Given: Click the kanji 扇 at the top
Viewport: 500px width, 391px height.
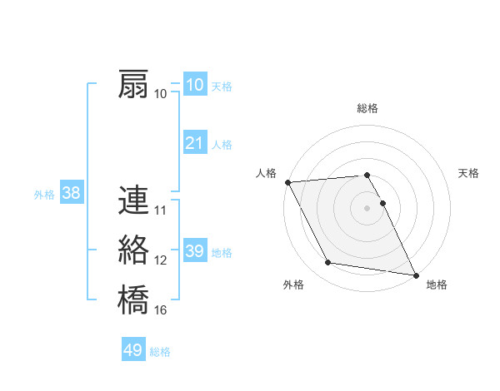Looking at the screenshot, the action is [x=133, y=85].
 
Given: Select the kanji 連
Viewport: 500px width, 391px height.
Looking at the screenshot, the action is [x=133, y=201].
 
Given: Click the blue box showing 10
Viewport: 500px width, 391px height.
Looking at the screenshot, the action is [x=194, y=85].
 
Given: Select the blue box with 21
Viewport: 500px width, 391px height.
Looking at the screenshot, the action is [x=194, y=143].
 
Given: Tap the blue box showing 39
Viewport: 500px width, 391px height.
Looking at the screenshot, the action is [x=194, y=251].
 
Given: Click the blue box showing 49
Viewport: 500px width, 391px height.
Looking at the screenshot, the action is [x=133, y=350].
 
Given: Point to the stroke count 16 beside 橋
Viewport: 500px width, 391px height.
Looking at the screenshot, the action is [x=161, y=310].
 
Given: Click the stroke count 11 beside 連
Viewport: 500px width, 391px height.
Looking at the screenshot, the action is [x=161, y=211].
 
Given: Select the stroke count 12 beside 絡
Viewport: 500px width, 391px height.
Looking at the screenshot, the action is [x=161, y=260].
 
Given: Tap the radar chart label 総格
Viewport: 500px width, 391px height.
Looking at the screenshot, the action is [x=367, y=108].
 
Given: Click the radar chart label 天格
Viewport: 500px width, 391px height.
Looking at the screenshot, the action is [x=468, y=173].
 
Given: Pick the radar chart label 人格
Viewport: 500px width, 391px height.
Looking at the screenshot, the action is [x=266, y=173].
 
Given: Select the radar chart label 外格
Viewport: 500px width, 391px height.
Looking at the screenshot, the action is [x=293, y=285].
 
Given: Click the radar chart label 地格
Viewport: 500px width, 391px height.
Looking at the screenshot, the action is [x=437, y=285].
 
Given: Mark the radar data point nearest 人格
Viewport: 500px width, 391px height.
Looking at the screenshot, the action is [x=287, y=182].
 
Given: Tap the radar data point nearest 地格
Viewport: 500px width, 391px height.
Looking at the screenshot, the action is [x=415, y=275].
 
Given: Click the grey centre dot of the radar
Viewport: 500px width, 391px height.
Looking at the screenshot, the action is [x=367, y=208].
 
